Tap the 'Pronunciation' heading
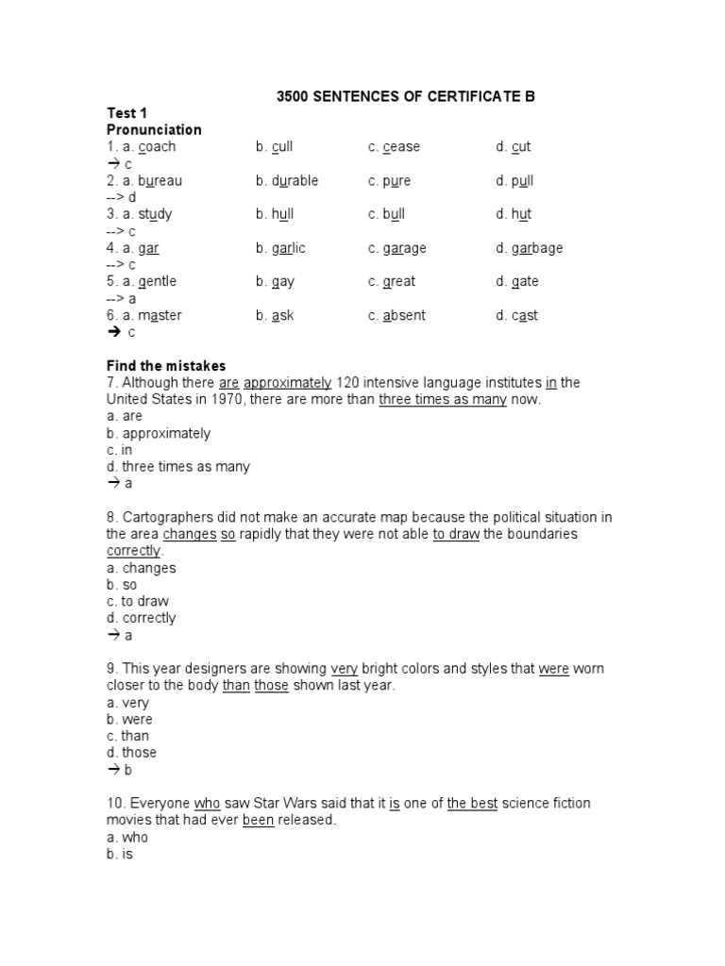154,129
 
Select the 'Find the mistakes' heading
166,365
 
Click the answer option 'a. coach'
141,146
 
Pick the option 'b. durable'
287,180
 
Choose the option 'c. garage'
397,248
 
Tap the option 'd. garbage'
530,248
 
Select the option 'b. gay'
275,281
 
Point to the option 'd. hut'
514,214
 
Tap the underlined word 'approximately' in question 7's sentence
287,382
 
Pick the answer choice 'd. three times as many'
178,466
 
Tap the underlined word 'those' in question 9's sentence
272,686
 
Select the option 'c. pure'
390,180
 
